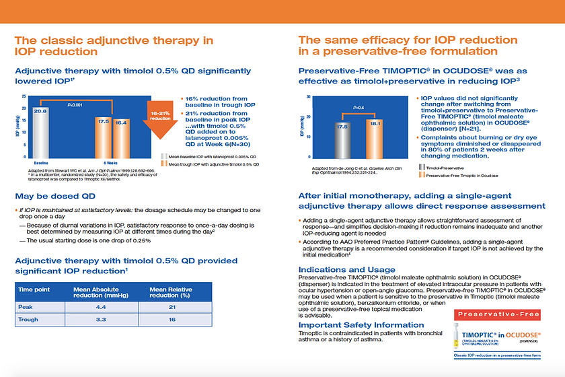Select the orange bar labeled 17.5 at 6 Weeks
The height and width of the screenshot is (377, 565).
pyautogui.click(x=104, y=138)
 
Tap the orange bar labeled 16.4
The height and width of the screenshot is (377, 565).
pyautogui.click(x=121, y=139)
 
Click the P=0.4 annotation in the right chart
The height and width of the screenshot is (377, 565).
pyautogui.click(x=358, y=108)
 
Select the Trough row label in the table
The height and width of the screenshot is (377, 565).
pyautogui.click(x=28, y=321)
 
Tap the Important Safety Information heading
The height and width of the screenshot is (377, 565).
pyautogui.click(x=361, y=326)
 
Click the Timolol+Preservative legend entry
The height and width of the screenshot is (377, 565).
pyautogui.click(x=445, y=166)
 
